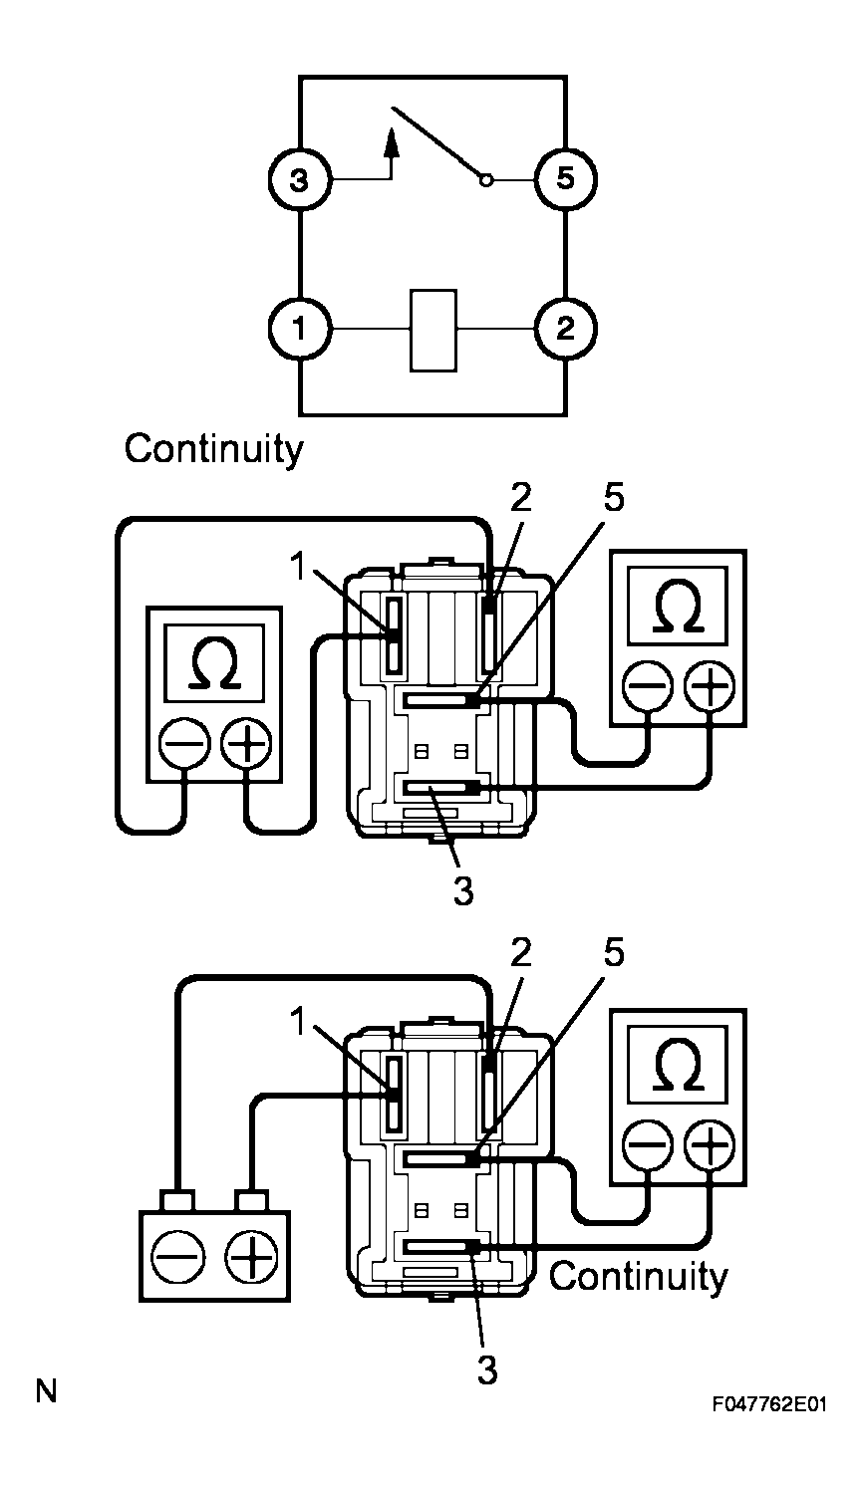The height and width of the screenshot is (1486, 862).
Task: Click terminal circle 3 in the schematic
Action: (300, 180)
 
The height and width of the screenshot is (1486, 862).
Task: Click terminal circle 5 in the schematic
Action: (565, 180)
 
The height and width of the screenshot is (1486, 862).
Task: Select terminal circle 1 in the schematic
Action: (300, 329)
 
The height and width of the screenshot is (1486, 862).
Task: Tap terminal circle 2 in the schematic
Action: (565, 329)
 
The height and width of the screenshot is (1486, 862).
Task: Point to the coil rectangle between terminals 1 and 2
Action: (433, 330)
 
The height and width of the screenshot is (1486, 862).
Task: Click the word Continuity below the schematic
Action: (212, 449)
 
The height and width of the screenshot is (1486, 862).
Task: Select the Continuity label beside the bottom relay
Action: (638, 1276)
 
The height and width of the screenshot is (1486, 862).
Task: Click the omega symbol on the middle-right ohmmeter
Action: (677, 611)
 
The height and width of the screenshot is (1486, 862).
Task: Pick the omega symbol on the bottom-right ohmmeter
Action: (678, 1069)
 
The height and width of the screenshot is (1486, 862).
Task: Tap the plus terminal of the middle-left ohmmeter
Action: (245, 743)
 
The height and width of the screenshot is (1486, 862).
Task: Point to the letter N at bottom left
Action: (46, 1389)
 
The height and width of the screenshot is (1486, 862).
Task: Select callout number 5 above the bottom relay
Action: (613, 953)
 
